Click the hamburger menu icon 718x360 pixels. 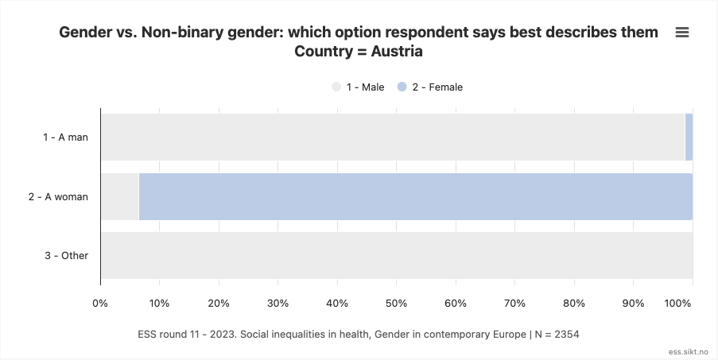pos(681,33)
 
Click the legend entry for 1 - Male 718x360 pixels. pos(358,87)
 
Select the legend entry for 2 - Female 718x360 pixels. pos(429,87)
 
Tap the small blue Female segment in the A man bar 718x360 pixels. pos(689,137)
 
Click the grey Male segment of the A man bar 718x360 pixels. pos(392,137)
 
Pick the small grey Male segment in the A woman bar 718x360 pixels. pos(120,196)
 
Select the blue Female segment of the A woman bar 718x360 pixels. pos(415,196)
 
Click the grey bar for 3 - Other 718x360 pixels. pos(396,256)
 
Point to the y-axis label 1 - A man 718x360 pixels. pos(65,137)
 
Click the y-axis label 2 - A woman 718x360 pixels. pos(58,196)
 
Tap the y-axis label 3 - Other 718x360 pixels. pos(66,256)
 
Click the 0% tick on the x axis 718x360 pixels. pos(100,303)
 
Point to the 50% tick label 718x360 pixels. pos(396,303)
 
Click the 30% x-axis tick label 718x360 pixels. pos(277,303)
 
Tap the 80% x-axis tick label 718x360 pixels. pos(573,303)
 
